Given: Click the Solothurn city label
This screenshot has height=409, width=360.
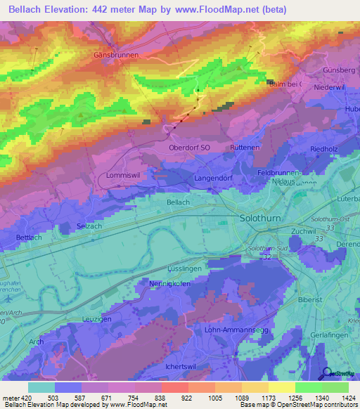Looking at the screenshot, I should (262, 219).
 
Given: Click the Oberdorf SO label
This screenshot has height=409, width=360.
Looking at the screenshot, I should (190, 148).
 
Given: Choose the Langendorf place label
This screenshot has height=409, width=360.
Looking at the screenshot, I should (212, 179).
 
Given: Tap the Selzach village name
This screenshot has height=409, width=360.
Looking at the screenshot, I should (89, 226).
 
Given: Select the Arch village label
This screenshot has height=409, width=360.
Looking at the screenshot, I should (36, 342).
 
